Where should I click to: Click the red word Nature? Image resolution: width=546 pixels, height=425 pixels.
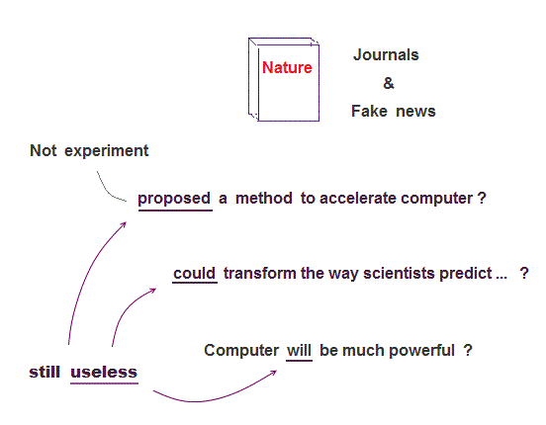click(287, 67)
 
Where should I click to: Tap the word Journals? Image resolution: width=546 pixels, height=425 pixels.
click(386, 55)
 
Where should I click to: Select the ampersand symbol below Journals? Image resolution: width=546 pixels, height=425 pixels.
click(389, 83)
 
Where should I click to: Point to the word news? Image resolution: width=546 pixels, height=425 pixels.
click(415, 112)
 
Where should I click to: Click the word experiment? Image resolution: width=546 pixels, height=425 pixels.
click(107, 151)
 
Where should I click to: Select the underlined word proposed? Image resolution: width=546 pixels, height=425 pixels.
click(174, 199)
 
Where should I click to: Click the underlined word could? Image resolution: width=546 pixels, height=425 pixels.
click(194, 273)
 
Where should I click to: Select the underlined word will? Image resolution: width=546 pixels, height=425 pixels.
click(299, 351)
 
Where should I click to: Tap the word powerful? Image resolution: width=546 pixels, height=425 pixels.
click(421, 351)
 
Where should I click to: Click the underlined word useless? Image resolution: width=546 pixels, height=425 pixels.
click(104, 372)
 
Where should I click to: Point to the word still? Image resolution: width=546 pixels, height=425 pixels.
click(45, 372)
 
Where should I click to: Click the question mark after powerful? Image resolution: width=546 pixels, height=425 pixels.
click(468, 350)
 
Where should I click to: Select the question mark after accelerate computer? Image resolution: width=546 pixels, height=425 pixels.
click(482, 199)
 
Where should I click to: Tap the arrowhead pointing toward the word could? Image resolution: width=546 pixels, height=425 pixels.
click(153, 291)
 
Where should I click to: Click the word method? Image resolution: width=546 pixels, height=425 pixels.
click(264, 199)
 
